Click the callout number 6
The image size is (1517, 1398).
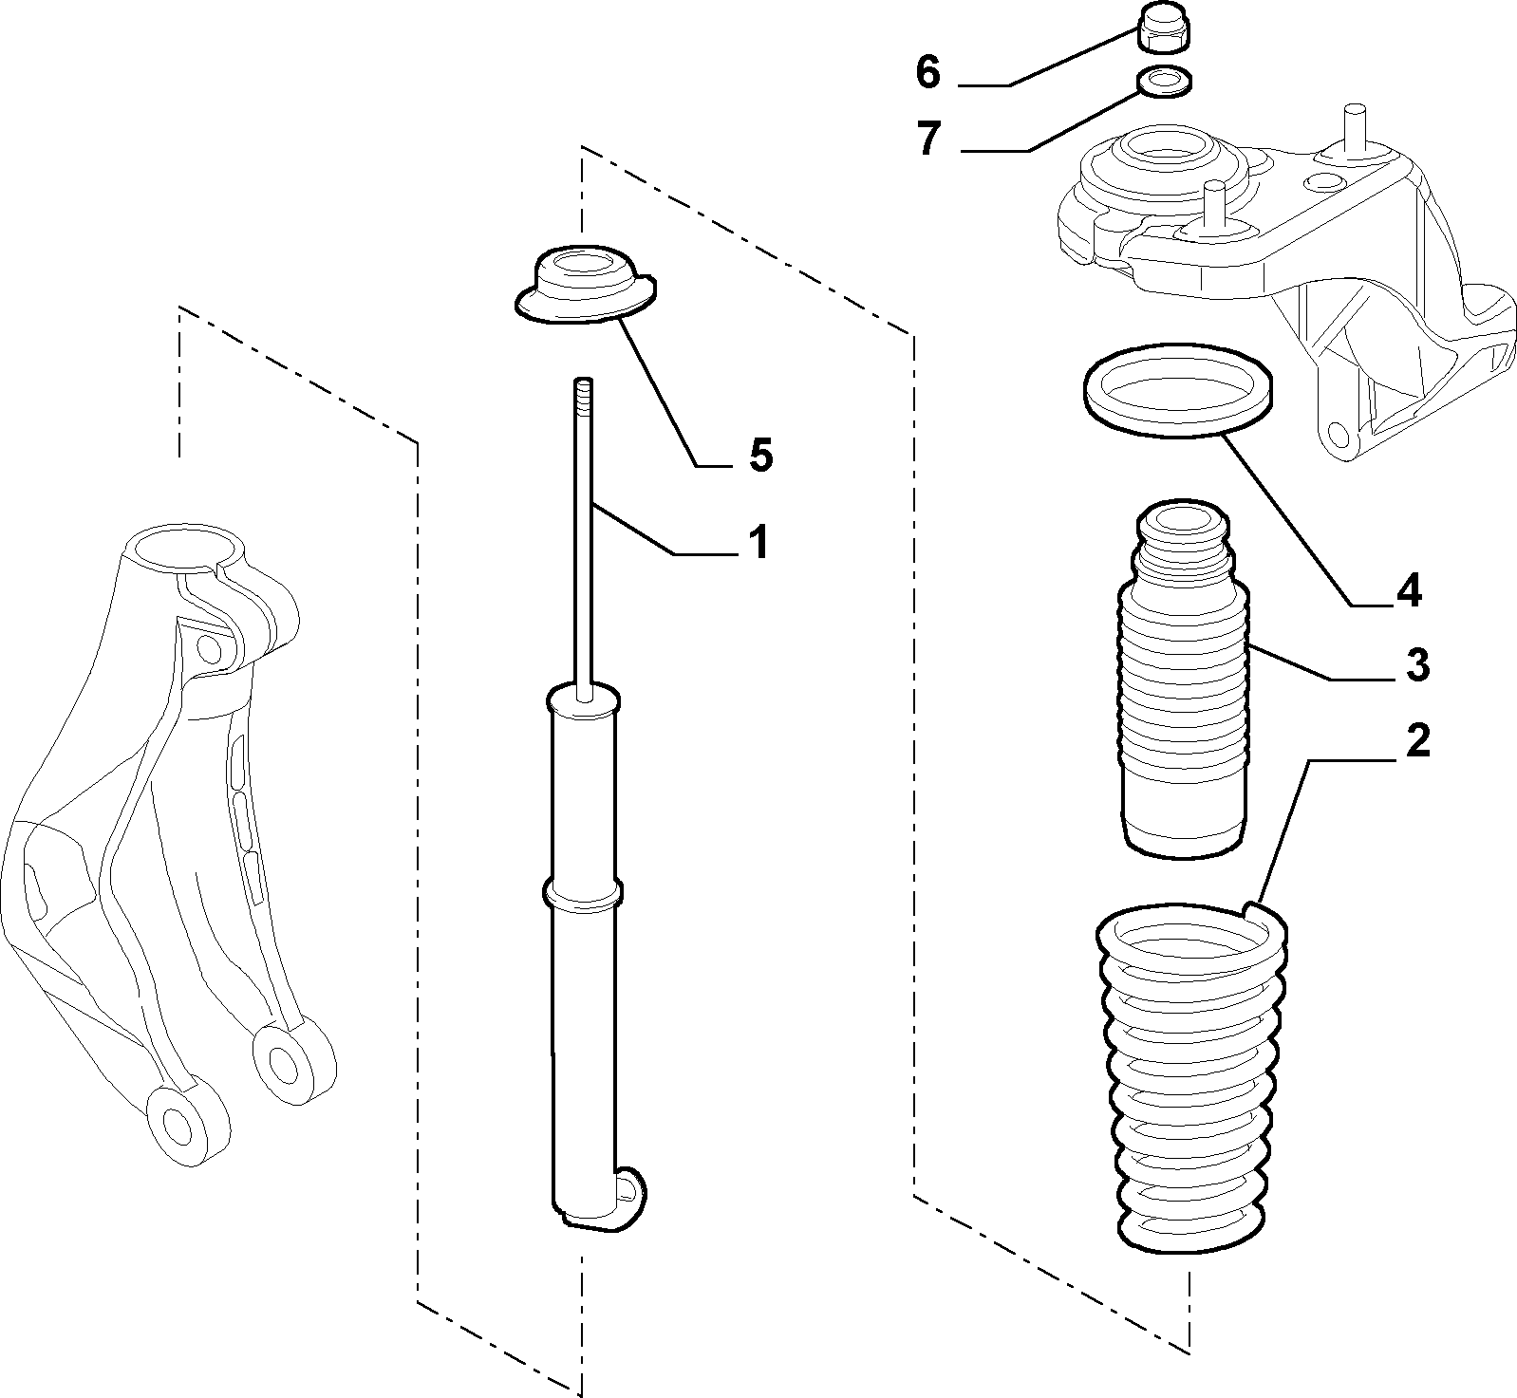tap(928, 72)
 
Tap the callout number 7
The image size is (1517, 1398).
tap(928, 139)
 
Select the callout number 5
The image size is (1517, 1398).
tap(760, 456)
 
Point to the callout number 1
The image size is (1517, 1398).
tap(758, 543)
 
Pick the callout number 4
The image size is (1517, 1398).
tap(1409, 591)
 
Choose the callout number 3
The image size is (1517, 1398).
tap(1416, 665)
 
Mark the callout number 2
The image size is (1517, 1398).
tap(1416, 741)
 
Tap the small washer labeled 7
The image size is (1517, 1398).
tap(1164, 84)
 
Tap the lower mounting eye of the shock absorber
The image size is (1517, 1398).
tap(627, 1188)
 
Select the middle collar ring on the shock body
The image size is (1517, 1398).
tap(583, 894)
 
